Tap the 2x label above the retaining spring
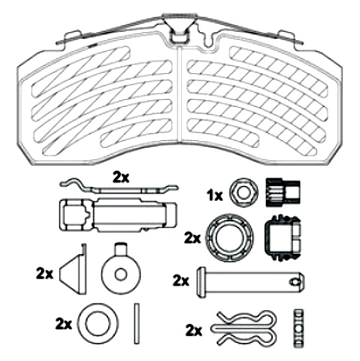click(x=121, y=178)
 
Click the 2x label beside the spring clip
click(x=194, y=330)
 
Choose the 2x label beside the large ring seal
click(x=192, y=238)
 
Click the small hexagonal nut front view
click(x=244, y=192)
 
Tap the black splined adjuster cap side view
click(x=283, y=192)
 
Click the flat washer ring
click(x=82, y=323)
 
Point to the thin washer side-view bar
click(x=137, y=324)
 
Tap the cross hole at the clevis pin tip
click(x=296, y=282)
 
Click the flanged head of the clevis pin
click(x=202, y=282)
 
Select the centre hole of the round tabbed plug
click(x=121, y=275)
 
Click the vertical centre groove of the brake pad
click(x=180, y=94)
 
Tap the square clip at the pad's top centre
click(x=178, y=37)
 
